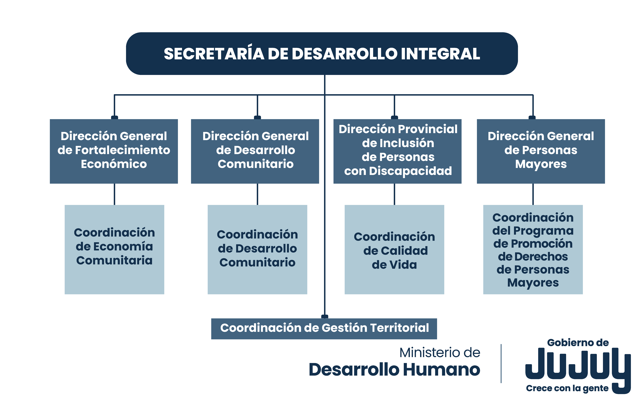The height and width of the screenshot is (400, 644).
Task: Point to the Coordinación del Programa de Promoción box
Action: pyautogui.click(x=533, y=249)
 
